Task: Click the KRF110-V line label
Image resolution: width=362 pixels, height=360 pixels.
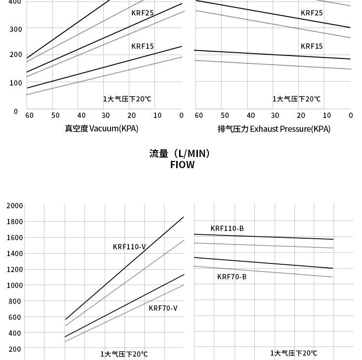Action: click(129, 247)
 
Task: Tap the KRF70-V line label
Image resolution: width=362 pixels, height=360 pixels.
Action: click(163, 308)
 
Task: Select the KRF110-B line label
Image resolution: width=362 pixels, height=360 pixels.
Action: click(227, 229)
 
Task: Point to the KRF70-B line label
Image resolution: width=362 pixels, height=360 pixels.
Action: click(232, 277)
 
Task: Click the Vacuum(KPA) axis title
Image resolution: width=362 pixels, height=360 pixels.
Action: click(102, 129)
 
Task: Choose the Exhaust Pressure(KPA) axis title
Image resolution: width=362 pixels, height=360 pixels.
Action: click(274, 129)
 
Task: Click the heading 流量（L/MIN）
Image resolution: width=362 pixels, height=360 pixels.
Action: click(181, 154)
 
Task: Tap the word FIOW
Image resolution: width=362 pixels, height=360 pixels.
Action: click(182, 165)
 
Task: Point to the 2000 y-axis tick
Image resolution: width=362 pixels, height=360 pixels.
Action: click(14, 206)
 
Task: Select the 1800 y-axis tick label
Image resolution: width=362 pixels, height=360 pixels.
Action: click(14, 222)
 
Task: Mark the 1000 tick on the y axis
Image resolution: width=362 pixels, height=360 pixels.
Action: click(14, 285)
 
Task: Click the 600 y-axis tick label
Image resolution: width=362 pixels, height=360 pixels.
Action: click(15, 317)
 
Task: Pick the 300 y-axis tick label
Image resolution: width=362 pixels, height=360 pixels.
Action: click(15, 29)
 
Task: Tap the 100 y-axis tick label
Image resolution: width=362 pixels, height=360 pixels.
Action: click(15, 83)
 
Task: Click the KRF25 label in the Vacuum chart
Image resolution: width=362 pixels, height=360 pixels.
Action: click(142, 13)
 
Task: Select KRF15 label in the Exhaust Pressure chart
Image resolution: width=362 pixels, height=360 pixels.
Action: click(311, 46)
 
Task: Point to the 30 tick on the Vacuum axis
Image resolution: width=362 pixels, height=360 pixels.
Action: click(106, 115)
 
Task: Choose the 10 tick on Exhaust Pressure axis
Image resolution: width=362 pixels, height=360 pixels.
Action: click(327, 115)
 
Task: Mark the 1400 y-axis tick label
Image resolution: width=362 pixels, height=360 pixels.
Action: click(14, 253)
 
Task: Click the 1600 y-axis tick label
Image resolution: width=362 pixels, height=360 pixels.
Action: click(14, 238)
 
